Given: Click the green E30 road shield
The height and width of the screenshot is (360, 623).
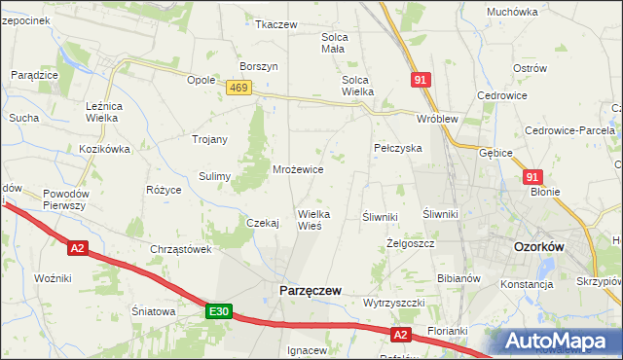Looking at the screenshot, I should [219, 311].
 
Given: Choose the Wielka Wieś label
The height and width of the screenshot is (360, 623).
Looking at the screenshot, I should [315, 219].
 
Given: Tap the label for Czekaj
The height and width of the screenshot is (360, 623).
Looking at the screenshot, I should [263, 223].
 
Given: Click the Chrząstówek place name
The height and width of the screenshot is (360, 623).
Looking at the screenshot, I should [181, 249].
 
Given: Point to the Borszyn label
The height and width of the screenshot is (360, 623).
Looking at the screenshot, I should [260, 66].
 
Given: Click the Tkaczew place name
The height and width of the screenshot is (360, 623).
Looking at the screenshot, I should [275, 24].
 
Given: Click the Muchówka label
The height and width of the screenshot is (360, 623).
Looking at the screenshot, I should [512, 12].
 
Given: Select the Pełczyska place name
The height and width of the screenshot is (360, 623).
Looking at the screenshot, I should [397, 148].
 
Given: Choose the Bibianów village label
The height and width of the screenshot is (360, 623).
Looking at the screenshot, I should [459, 278].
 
